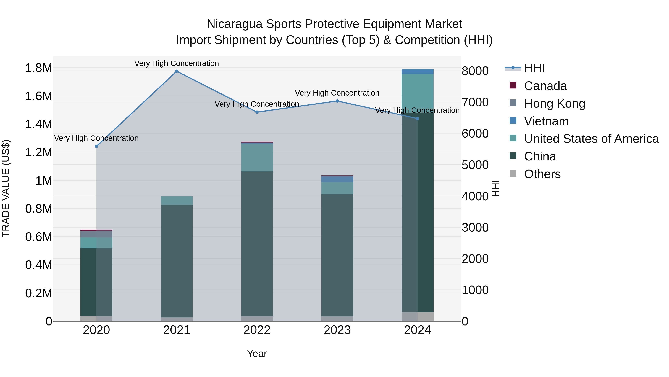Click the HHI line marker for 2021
tap(177, 71)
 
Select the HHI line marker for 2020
tap(96, 147)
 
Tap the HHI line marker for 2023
tap(337, 101)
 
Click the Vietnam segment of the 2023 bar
tap(337, 179)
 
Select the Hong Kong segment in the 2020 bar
tap(96, 234)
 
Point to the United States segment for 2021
tap(177, 201)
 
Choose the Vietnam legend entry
tap(546, 121)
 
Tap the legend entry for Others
tap(542, 174)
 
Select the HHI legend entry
tap(534, 68)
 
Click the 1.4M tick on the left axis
tap(38, 124)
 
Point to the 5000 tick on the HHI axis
tap(475, 165)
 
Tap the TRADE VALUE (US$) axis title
tap(6, 188)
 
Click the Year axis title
tap(257, 354)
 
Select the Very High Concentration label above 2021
tap(177, 63)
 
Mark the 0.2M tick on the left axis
tap(38, 293)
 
